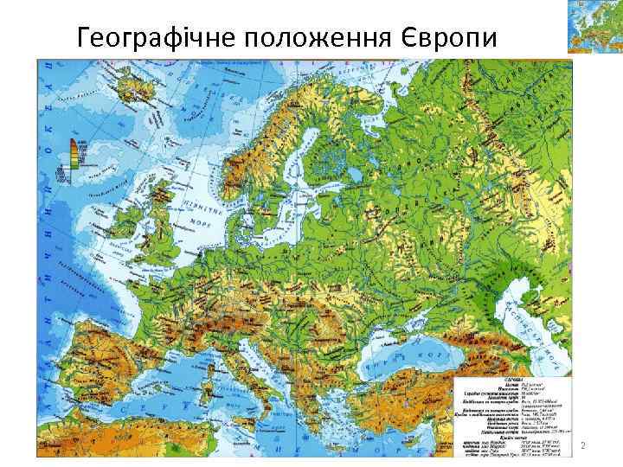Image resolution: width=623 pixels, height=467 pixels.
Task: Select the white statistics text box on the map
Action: point(512,414)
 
